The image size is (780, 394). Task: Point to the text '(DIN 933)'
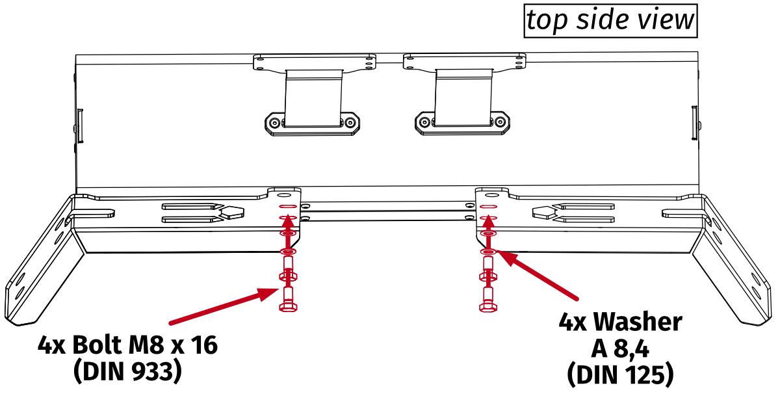(x=127, y=371)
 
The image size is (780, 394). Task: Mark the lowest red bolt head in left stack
(x=288, y=306)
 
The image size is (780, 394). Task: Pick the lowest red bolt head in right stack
(x=488, y=306)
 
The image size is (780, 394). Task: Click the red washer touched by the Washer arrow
(x=488, y=252)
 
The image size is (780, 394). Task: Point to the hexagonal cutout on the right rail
(x=543, y=211)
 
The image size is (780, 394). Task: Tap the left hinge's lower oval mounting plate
(x=313, y=123)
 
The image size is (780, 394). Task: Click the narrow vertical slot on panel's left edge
(x=80, y=125)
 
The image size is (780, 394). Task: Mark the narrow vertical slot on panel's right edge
(x=694, y=124)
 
